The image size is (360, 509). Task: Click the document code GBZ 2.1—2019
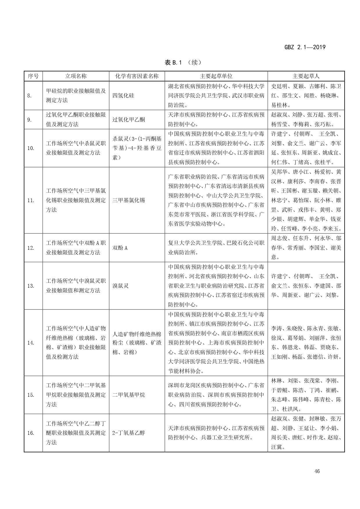305,47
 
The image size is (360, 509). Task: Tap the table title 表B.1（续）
183,62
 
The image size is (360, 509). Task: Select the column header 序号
33,76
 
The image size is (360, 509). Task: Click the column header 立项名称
76,76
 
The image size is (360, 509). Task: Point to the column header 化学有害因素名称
137,76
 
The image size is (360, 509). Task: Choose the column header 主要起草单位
216,76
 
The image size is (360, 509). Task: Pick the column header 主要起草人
306,76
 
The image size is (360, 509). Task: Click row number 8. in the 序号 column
30,96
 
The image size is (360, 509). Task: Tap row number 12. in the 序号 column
31,248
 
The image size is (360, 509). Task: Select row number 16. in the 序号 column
31,433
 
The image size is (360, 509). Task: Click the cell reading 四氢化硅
123,96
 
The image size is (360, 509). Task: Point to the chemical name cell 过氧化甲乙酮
129,119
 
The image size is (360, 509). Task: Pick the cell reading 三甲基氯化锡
129,200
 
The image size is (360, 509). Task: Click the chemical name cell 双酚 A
120,248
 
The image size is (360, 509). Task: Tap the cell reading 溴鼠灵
120,286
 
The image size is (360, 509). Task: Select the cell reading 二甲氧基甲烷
129,395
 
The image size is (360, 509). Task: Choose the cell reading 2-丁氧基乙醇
128,433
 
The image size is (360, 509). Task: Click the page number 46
317,471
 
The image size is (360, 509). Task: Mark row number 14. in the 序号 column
31,343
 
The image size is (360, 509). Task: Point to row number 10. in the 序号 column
31,148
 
